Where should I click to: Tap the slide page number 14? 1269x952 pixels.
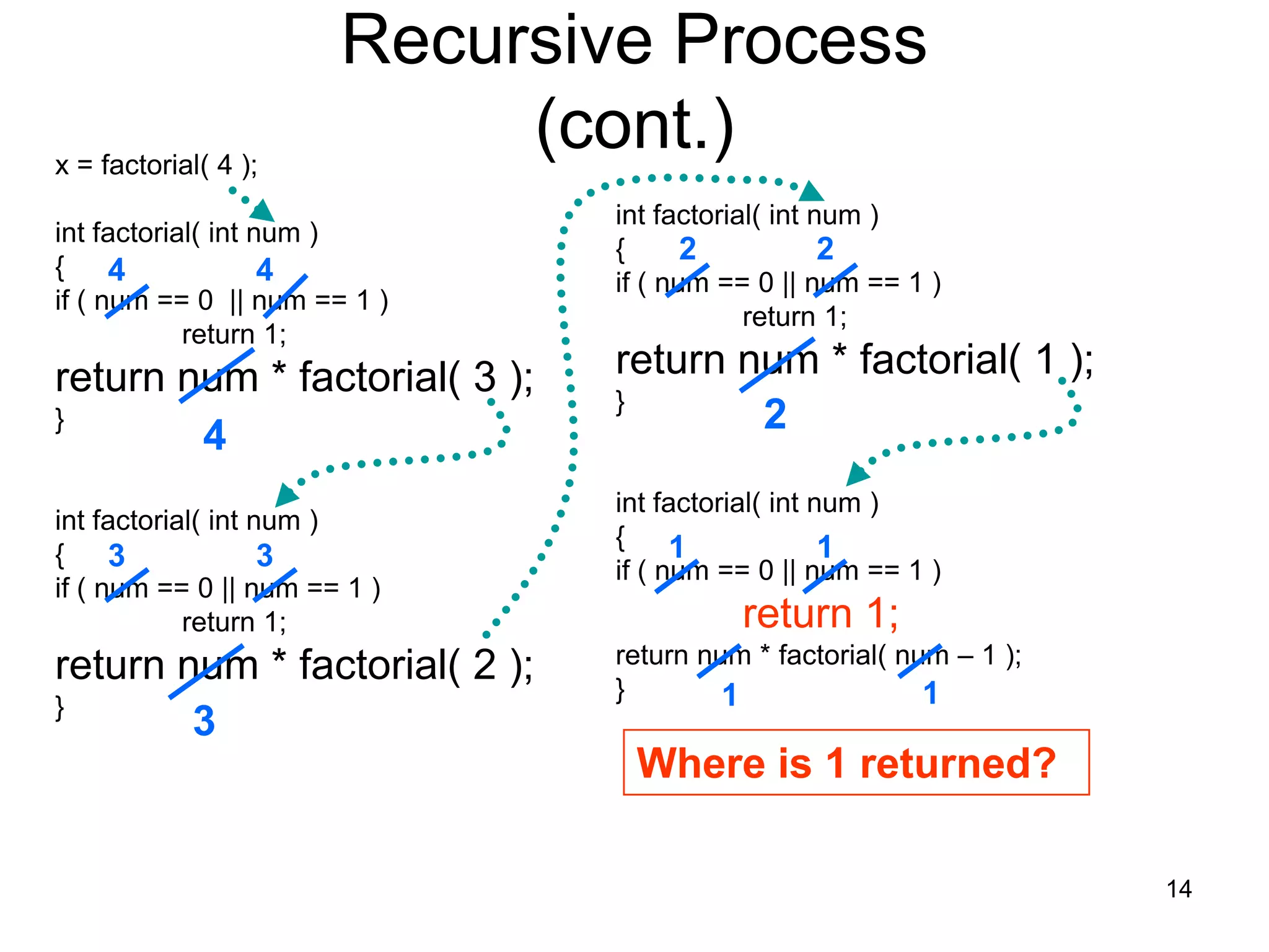(x=1179, y=889)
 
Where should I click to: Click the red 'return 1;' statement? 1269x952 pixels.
(x=820, y=614)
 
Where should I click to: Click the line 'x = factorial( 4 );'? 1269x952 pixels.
(x=156, y=165)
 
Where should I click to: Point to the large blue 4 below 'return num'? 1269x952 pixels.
(x=214, y=435)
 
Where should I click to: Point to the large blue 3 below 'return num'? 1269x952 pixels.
(x=204, y=721)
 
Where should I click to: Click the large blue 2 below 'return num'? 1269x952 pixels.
(x=775, y=414)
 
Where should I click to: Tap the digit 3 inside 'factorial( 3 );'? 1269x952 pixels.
(x=485, y=377)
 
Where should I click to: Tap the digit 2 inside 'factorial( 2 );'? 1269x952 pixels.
(x=485, y=665)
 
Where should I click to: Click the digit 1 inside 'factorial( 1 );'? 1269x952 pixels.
(x=1046, y=359)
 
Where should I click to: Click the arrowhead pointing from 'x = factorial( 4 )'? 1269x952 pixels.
(x=263, y=211)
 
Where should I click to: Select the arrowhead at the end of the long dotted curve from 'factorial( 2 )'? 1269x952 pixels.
(x=810, y=192)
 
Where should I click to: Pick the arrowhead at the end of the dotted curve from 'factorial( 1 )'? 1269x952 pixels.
(x=857, y=474)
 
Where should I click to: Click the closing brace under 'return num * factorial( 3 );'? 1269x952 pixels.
(x=59, y=420)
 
